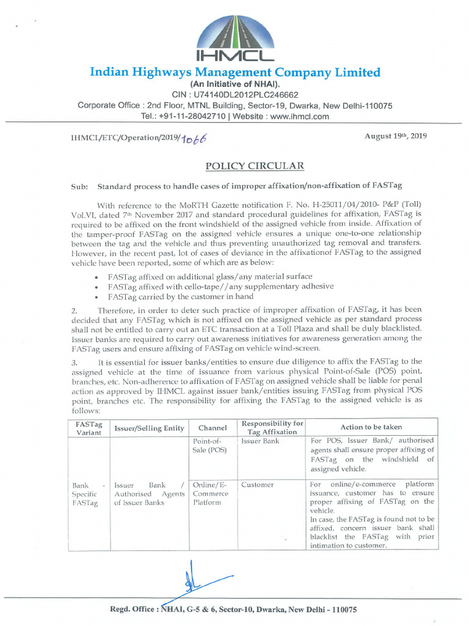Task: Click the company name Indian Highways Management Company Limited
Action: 234,72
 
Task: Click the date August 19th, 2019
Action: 396,136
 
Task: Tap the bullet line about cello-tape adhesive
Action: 220,286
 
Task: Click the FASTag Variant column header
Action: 88,427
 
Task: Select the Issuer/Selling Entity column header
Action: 149,428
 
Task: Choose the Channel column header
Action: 213,428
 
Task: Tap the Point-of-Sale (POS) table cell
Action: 208,445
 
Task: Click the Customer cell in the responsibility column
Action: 257,485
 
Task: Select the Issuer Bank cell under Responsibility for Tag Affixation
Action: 260,441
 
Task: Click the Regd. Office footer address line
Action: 233,609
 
